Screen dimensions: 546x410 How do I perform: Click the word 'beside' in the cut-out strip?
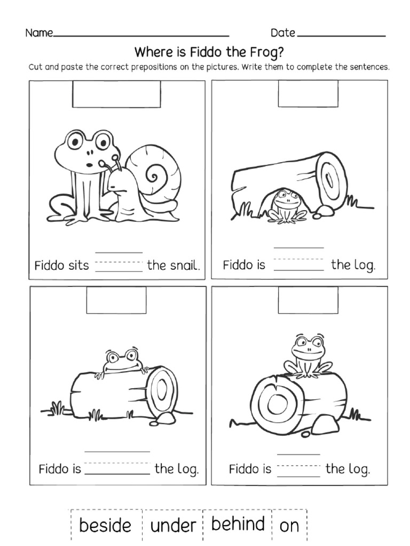tap(105, 525)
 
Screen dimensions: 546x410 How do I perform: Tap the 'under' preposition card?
tap(173, 526)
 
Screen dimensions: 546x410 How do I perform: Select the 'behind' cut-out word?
tap(238, 524)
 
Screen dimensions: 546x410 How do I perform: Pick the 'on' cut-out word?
tap(289, 526)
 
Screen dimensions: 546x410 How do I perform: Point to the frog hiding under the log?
tap(287, 205)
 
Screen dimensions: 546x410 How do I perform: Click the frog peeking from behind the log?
tap(120, 362)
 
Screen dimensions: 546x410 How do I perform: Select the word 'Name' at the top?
tap(39, 33)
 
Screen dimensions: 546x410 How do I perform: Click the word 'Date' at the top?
tap(282, 33)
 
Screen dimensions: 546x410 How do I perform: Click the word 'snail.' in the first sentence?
tap(174, 265)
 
